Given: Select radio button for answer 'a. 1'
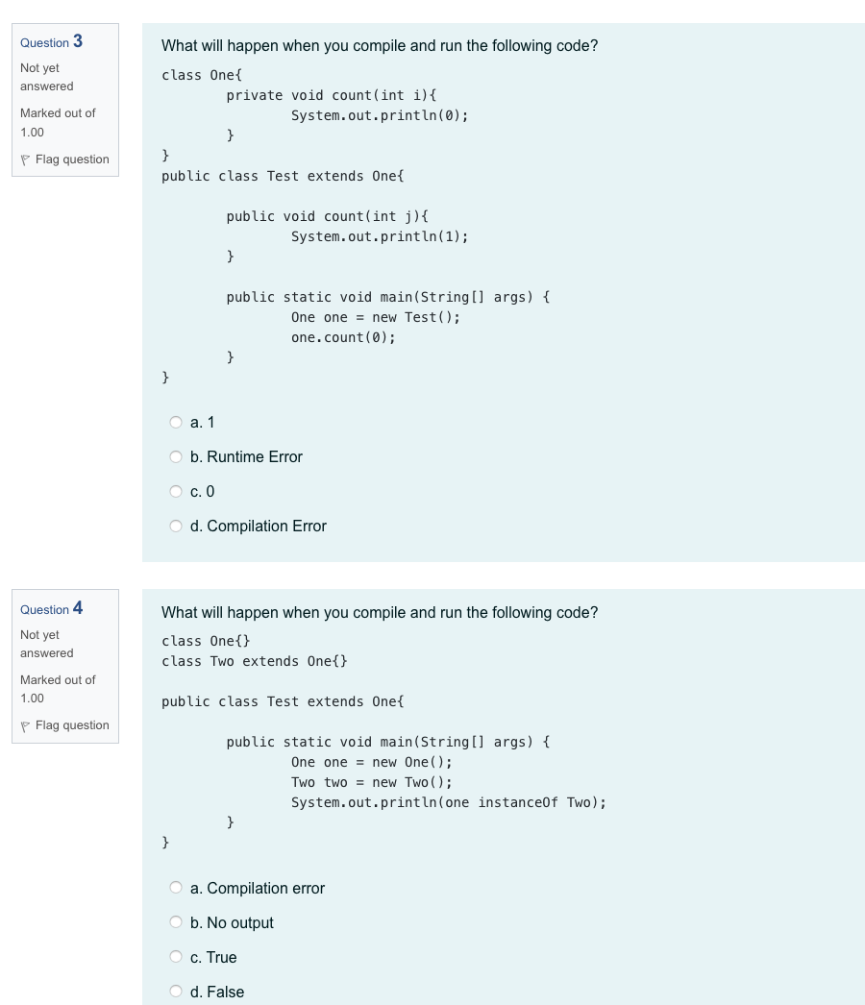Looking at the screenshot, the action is point(176,422).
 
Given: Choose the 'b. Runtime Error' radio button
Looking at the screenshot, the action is point(176,456).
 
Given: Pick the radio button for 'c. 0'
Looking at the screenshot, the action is point(176,491).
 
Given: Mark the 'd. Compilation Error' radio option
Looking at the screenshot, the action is point(176,526).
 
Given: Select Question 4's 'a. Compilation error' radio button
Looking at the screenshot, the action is point(176,888).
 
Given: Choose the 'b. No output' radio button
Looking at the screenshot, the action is point(176,922).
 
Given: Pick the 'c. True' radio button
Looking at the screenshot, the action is point(176,957).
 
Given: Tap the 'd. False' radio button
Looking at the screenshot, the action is point(176,992).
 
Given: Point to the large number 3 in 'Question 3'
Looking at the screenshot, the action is point(78,40).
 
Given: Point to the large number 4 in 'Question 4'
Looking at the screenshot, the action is point(78,607).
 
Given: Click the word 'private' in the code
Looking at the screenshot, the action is point(255,95).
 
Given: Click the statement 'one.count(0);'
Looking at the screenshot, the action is point(343,337).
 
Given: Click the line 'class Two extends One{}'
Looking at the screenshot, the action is point(255,661).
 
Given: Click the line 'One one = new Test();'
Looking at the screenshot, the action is point(375,317).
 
